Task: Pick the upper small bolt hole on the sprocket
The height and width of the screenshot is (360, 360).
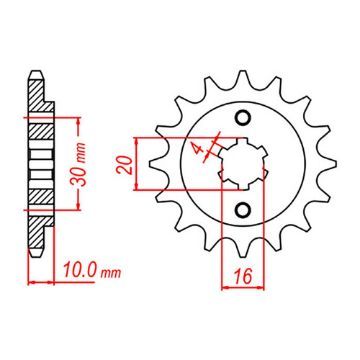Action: [243, 117]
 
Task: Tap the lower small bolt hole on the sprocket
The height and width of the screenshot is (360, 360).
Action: [243, 210]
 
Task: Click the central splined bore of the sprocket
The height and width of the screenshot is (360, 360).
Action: [243, 163]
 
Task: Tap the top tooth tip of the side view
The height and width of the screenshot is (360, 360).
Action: [35, 74]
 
